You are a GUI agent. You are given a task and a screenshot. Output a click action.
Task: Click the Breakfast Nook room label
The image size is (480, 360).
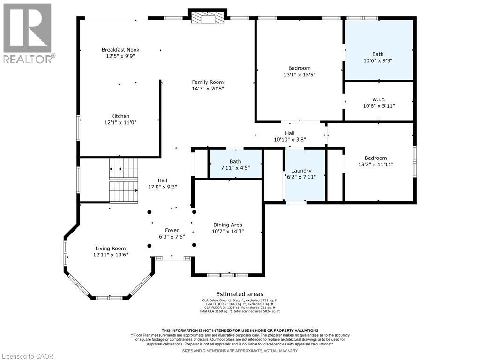(120, 50)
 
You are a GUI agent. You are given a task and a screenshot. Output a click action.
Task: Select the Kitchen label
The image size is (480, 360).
(120, 116)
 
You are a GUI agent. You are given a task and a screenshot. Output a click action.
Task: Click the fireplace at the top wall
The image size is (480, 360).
(208, 18)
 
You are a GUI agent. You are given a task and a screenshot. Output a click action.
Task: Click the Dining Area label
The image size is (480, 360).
(227, 225)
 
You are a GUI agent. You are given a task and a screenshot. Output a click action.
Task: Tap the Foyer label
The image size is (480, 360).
(172, 230)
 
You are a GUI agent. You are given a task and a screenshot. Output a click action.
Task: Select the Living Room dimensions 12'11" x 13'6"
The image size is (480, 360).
(111, 255)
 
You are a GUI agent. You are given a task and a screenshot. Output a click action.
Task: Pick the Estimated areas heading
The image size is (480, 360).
(240, 294)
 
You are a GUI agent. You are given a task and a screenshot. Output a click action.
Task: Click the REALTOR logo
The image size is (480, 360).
(28, 33)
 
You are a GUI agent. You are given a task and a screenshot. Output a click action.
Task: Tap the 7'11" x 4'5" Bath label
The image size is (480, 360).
(235, 165)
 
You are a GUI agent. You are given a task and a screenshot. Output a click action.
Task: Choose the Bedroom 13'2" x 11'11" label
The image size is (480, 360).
(375, 158)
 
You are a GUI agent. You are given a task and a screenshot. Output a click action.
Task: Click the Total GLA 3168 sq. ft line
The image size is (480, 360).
(240, 311)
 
